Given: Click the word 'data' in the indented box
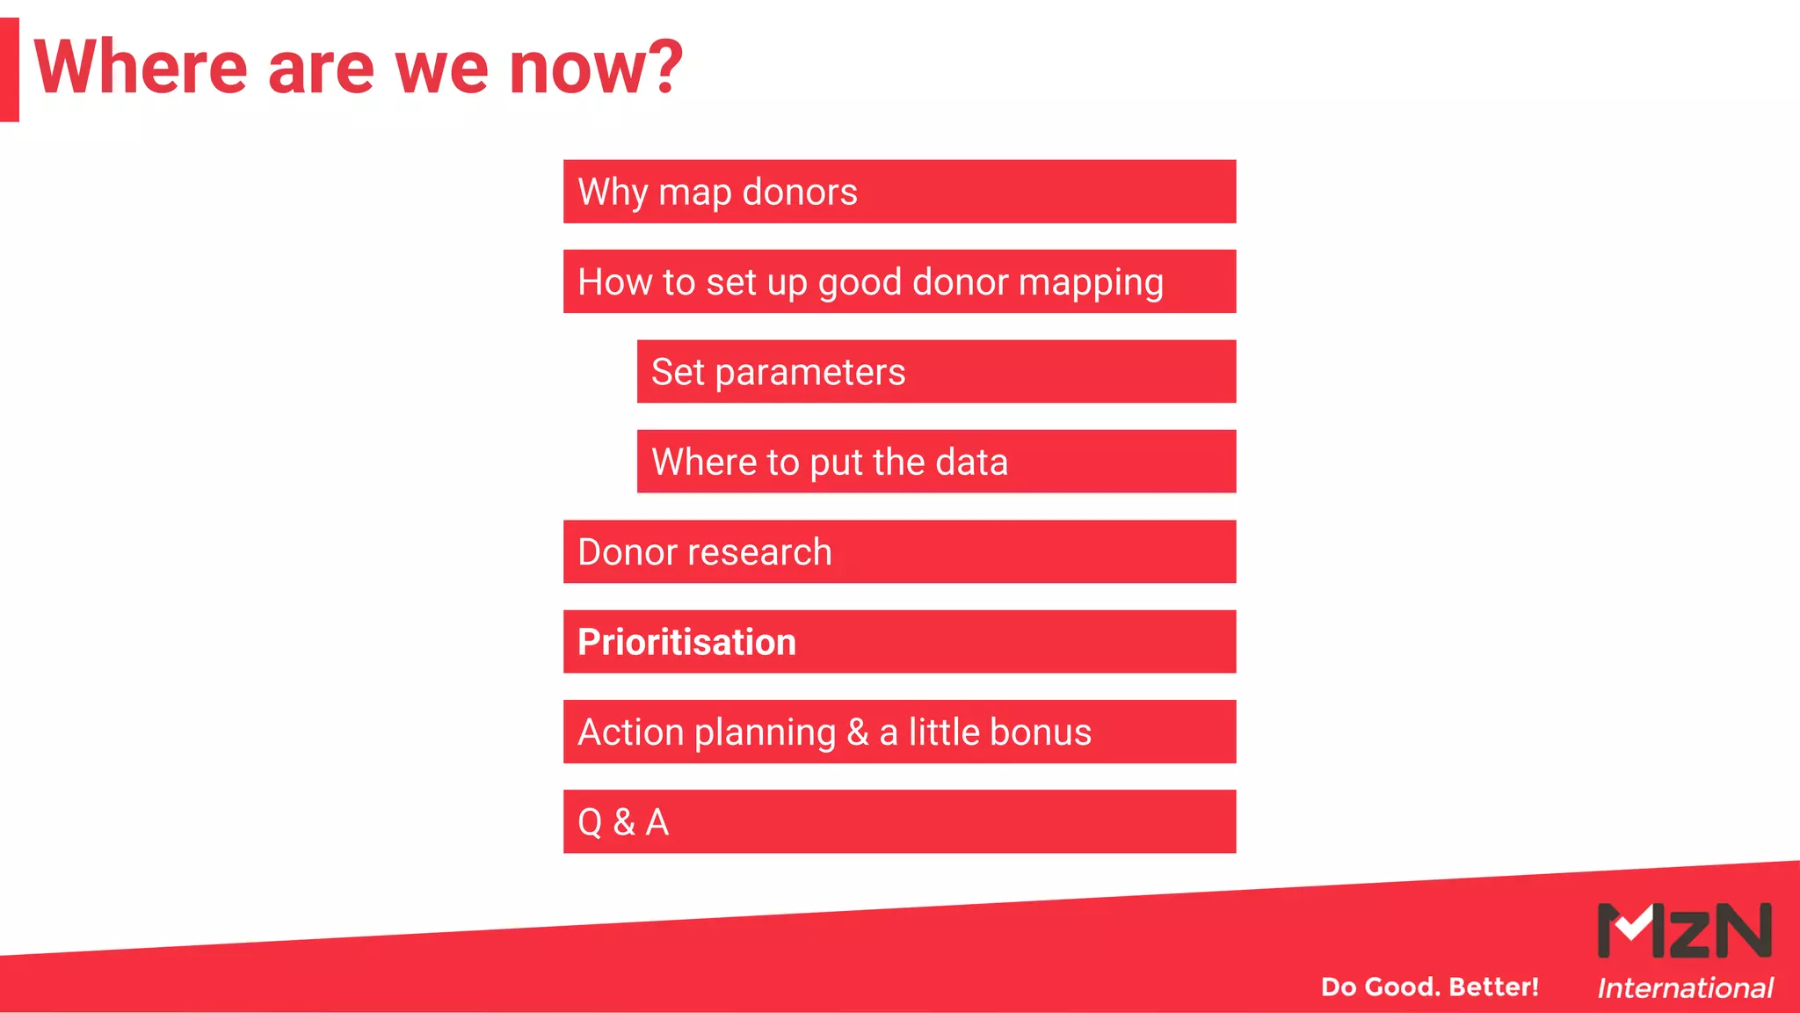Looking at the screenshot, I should click(971, 463).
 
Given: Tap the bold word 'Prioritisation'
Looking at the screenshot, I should click(686, 642).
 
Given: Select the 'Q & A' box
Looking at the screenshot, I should click(899, 822).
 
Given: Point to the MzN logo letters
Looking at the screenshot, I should click(1684, 930).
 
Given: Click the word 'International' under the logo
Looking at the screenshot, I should click(1684, 988).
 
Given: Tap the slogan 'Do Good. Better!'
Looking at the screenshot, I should click(1429, 987).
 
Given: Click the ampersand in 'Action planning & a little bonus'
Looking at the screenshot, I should click(857, 732).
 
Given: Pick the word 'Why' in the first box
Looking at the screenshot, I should click(613, 193).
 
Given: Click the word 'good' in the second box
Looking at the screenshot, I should click(860, 284).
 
